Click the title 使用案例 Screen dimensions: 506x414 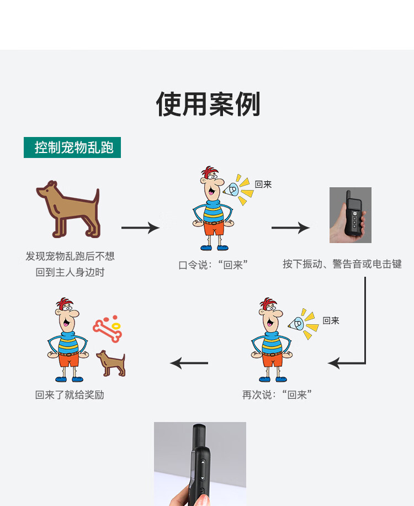[208, 104]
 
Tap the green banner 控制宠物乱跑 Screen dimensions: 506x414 [72, 147]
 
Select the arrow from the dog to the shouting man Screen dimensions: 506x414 [140, 227]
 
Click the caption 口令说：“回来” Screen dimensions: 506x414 [213, 265]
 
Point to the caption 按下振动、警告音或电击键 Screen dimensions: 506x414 [342, 264]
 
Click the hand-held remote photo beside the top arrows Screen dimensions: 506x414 [350, 215]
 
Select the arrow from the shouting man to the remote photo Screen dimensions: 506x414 [290, 227]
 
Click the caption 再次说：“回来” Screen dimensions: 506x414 [277, 394]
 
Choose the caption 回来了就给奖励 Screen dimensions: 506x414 [70, 394]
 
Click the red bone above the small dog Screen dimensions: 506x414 [107, 330]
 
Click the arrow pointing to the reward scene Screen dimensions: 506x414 [189, 363]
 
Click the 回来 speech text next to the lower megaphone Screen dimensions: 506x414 [331, 320]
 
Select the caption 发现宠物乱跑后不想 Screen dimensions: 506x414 [70, 256]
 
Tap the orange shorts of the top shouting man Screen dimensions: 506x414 [213, 229]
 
